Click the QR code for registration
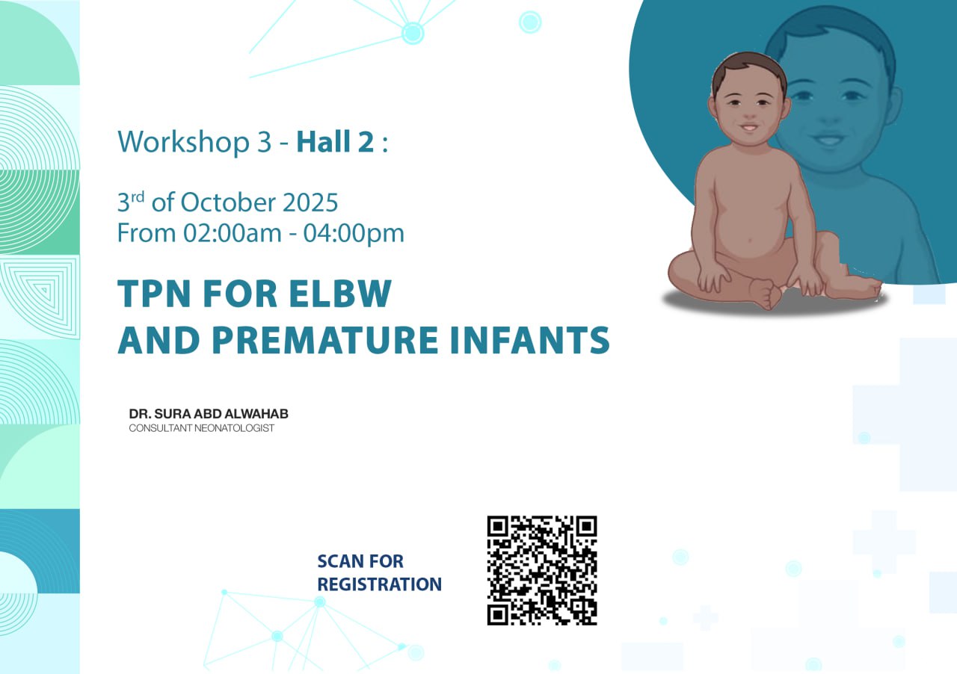(x=542, y=571)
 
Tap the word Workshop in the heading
(x=184, y=142)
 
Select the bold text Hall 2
(x=336, y=141)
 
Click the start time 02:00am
(x=233, y=233)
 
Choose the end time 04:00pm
(x=354, y=233)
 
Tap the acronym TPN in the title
(x=154, y=294)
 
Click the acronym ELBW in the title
(x=340, y=294)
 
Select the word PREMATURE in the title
(x=325, y=340)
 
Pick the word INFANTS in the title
(x=530, y=340)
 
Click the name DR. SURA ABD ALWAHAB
(x=209, y=413)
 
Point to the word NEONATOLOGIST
(x=234, y=428)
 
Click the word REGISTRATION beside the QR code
(x=379, y=584)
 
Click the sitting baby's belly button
(x=751, y=241)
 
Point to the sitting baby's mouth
(x=749, y=127)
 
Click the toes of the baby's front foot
(x=769, y=294)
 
